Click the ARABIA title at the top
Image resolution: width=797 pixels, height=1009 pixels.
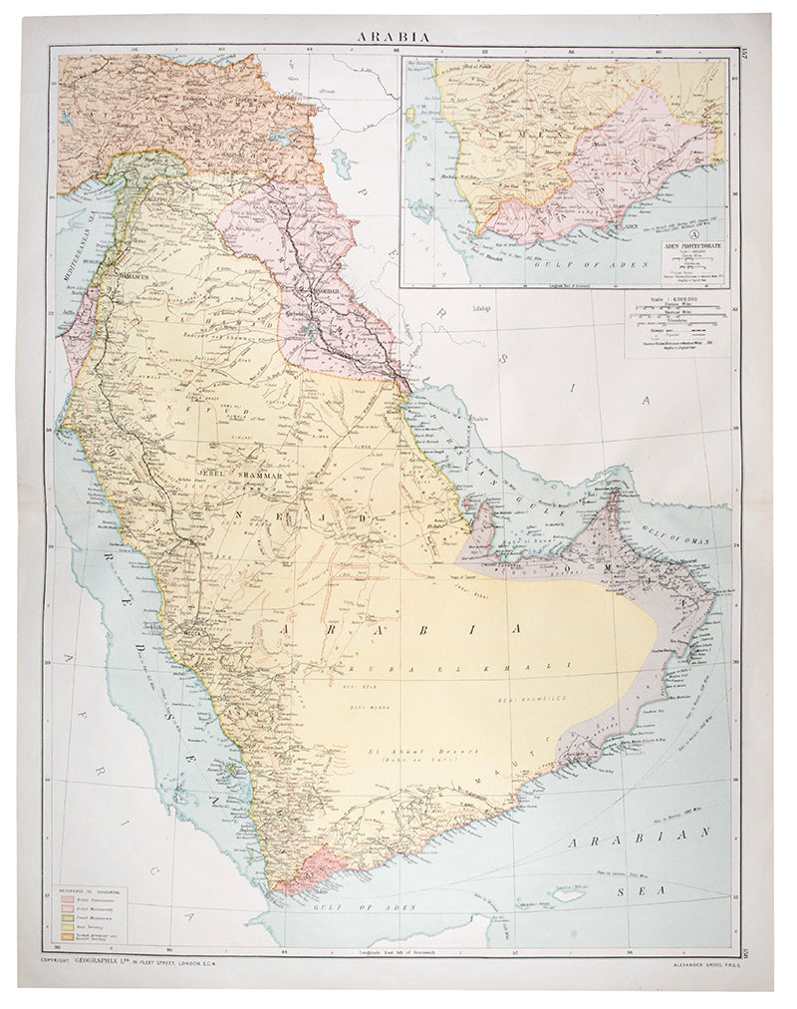[396, 36]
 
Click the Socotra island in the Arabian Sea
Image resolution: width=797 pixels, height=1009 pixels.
[570, 893]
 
